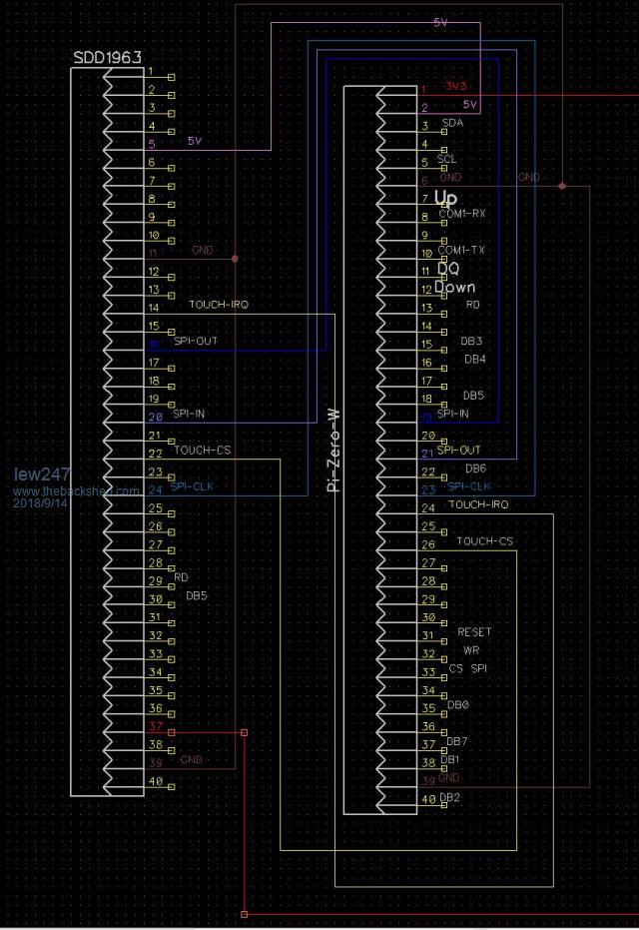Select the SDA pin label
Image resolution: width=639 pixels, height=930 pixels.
tap(451, 124)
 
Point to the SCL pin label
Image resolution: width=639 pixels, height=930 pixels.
tap(447, 160)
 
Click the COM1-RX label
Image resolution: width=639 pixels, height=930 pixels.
tap(462, 214)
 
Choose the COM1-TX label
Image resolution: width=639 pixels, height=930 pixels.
tap(462, 251)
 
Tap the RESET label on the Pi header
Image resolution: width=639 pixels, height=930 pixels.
tap(474, 632)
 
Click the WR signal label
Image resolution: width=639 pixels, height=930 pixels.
tap(471, 650)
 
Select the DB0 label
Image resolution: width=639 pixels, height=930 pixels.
tap(458, 705)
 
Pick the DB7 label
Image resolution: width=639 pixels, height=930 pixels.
tap(457, 741)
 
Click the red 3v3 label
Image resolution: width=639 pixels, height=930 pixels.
tap(457, 87)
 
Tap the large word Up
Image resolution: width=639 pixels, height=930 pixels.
tap(445, 198)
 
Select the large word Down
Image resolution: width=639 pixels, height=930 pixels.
tap(454, 287)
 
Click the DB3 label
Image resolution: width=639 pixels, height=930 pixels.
tap(471, 342)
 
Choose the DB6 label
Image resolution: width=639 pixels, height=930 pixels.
tap(475, 468)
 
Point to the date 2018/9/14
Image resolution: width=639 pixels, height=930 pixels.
tap(41, 503)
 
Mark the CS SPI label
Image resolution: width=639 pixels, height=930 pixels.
tap(467, 668)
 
